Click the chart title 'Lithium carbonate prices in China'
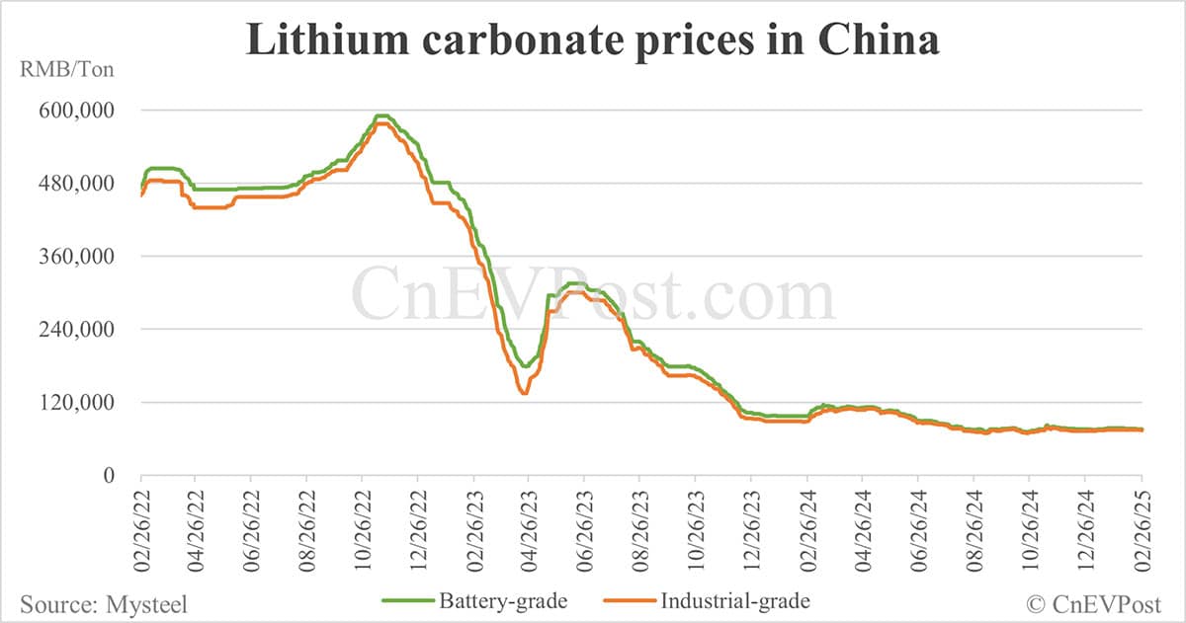(593, 40)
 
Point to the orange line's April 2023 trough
(524, 393)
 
